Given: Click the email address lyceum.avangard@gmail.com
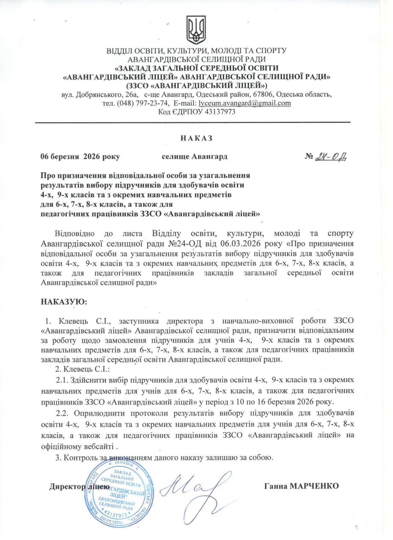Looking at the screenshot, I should (245, 103).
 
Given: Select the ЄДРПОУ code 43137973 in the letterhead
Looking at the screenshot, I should (220, 112).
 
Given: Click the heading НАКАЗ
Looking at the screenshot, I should (196, 138).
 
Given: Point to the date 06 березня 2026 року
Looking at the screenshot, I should (80, 157).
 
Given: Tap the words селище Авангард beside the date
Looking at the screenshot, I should (195, 157).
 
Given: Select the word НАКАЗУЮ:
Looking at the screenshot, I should (64, 301).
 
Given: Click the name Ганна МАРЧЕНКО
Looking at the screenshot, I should (301, 486).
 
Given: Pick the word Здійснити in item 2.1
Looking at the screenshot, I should (89, 380).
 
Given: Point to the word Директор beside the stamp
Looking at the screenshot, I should (67, 486).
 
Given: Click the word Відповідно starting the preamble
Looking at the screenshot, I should (74, 234).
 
